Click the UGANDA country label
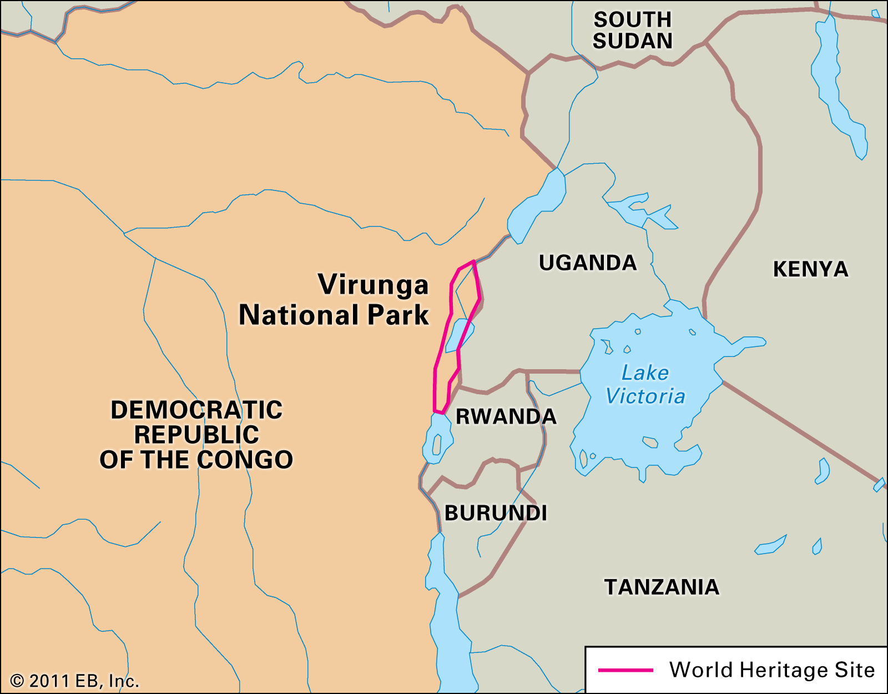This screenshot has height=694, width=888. [587, 263]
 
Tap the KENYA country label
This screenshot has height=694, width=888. [810, 269]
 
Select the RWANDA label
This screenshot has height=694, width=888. [506, 416]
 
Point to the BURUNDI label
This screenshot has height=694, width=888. [496, 513]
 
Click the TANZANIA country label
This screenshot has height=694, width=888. [662, 587]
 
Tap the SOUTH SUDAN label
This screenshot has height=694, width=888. [632, 31]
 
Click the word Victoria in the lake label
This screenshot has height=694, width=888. [645, 396]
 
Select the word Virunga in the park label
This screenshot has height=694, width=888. [373, 285]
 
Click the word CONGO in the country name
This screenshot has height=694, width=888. [245, 460]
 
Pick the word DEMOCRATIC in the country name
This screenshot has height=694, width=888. [196, 410]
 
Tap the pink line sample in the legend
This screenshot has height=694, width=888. [625, 670]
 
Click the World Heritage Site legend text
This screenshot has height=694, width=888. [771, 670]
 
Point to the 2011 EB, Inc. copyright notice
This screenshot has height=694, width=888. [74, 681]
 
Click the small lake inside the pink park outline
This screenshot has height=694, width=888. [458, 335]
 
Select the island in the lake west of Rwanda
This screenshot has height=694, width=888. [437, 445]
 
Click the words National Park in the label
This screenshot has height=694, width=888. [334, 315]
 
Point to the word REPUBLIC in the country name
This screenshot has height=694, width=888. [196, 435]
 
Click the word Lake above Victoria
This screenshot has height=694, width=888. [645, 373]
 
